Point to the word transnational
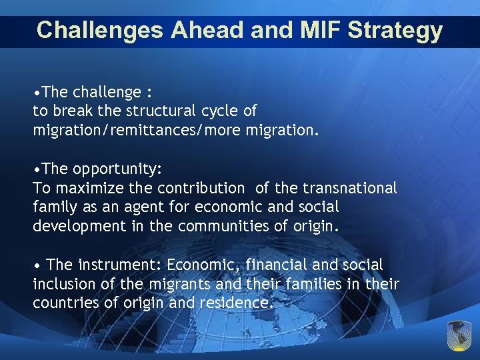(349, 188)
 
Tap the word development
(79, 226)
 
